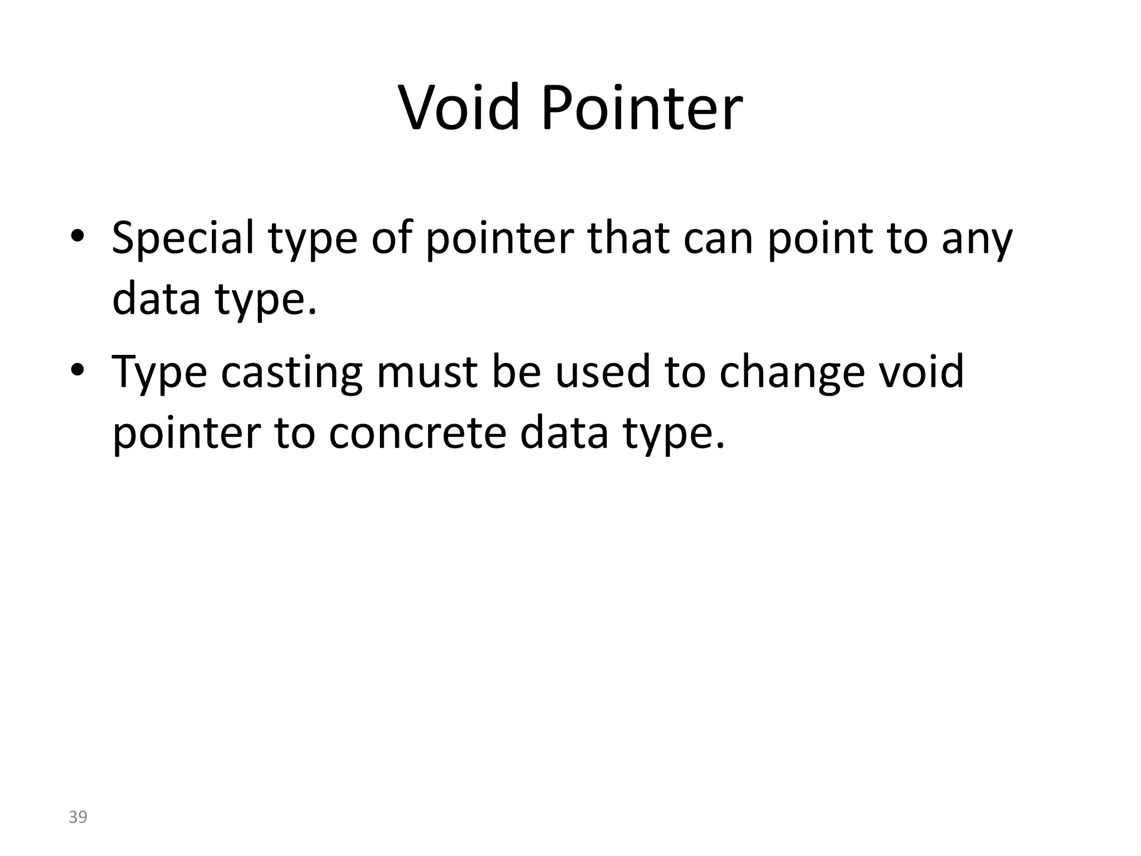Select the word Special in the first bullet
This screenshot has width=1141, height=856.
tap(183, 238)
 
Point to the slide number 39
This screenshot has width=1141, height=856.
tap(78, 817)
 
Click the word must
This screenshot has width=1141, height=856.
tap(427, 371)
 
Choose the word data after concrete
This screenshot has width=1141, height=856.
tap(563, 433)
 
